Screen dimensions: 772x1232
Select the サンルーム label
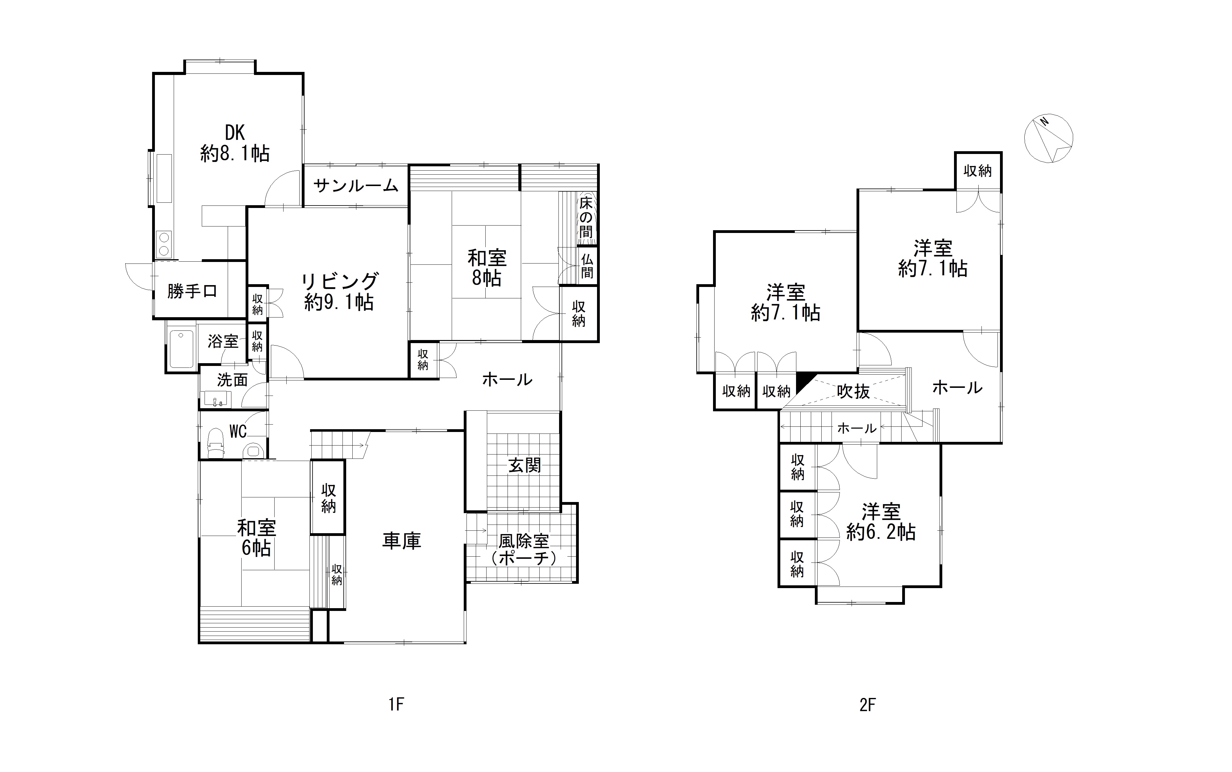coord(356,185)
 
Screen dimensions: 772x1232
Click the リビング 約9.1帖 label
coord(339,292)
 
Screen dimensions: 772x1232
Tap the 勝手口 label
coord(192,291)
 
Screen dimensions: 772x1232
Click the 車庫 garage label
coord(401,541)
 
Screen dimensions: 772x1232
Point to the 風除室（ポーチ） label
coord(523,550)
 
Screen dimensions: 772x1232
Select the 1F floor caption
coord(396,705)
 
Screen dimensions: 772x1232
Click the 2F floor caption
coord(867,705)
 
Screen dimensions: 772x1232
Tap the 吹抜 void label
coord(853,392)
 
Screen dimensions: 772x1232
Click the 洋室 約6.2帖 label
coord(881,522)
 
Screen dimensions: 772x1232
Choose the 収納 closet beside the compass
coord(977,171)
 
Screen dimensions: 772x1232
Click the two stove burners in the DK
coord(164,244)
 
